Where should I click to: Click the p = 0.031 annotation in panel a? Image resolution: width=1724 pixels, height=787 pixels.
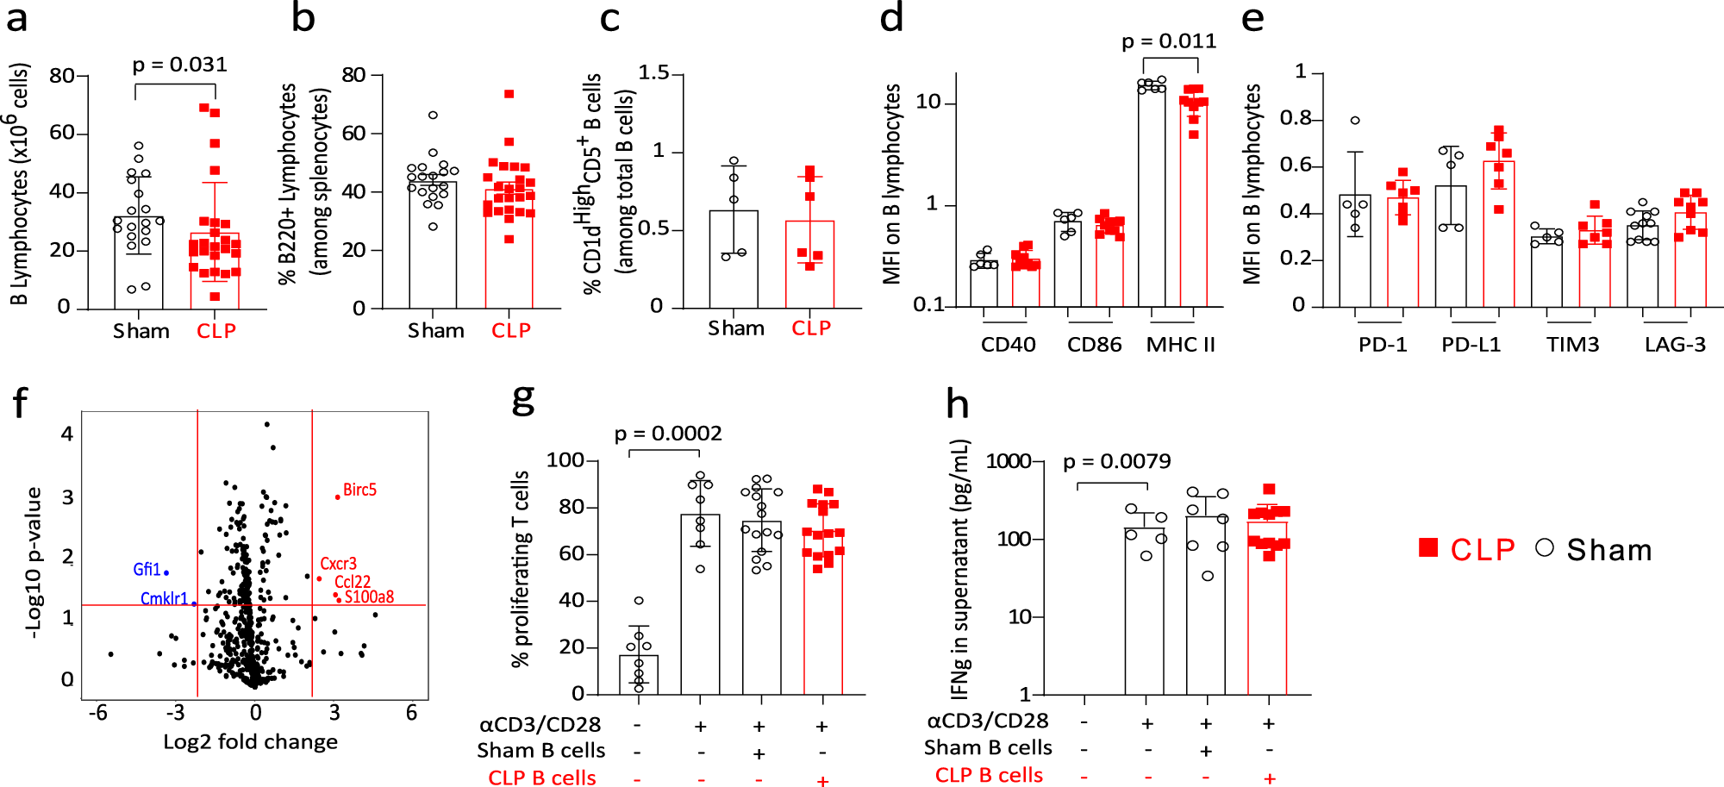(x=179, y=65)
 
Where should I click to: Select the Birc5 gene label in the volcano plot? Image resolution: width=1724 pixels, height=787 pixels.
(x=359, y=490)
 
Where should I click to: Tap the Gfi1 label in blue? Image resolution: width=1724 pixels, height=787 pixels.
(x=147, y=570)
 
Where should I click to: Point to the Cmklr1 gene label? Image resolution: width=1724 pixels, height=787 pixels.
(x=164, y=598)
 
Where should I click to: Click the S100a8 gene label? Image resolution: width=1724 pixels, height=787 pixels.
(x=369, y=596)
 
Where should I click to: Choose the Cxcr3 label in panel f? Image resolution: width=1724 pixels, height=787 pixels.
(x=338, y=564)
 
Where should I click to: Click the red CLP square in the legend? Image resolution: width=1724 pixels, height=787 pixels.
(x=1428, y=548)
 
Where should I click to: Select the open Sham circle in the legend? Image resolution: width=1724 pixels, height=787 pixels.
(x=1545, y=548)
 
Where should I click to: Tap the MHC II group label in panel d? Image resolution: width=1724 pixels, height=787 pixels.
(x=1180, y=345)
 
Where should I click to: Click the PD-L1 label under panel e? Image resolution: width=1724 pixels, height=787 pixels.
(x=1471, y=345)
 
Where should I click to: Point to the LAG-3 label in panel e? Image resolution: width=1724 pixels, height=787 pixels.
(x=1674, y=345)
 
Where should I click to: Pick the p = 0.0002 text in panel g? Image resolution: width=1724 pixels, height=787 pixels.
(x=668, y=434)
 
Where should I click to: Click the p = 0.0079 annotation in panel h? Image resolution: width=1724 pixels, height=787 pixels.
(x=1116, y=462)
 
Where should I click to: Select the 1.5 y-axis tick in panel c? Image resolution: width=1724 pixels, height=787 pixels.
(x=653, y=73)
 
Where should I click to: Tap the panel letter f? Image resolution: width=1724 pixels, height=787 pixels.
(x=20, y=403)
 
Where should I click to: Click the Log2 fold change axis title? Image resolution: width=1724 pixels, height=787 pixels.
(x=250, y=742)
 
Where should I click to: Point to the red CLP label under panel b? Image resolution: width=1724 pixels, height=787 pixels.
(x=511, y=331)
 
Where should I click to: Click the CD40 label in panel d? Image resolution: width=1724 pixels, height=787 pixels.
(x=1008, y=345)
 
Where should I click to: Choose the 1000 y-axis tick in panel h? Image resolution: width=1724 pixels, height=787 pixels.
(x=1009, y=461)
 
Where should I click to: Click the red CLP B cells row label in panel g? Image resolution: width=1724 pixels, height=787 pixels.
(x=541, y=778)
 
